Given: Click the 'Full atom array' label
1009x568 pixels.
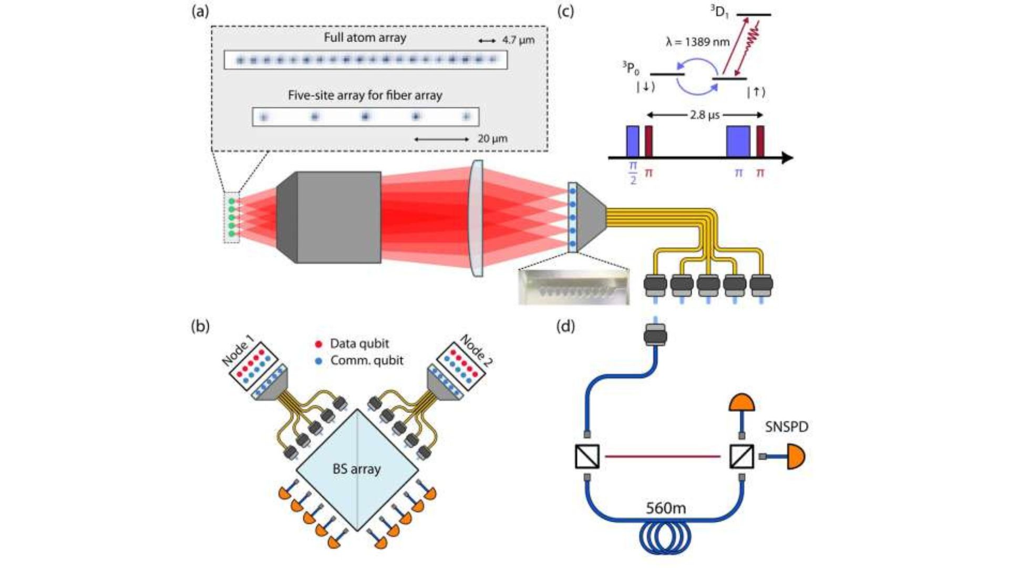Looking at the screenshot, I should pyautogui.click(x=365, y=38).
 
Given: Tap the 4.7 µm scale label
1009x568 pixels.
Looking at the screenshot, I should pyautogui.click(x=518, y=40).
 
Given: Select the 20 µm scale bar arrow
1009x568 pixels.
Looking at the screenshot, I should pyautogui.click(x=441, y=139).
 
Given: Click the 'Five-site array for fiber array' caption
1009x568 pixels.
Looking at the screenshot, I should pyautogui.click(x=365, y=95).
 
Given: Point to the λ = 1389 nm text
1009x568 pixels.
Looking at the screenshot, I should pyautogui.click(x=697, y=42).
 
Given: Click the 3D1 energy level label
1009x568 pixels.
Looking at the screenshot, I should pyautogui.click(x=719, y=12).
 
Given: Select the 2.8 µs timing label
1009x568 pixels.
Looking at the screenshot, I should pyautogui.click(x=704, y=115).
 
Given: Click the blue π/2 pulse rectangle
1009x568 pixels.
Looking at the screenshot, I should pyautogui.click(x=633, y=141).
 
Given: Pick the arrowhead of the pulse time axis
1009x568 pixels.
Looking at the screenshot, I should pyautogui.click(x=787, y=157).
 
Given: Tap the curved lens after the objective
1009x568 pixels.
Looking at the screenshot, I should pyautogui.click(x=476, y=218).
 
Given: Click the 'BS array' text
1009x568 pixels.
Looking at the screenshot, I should pyautogui.click(x=356, y=469).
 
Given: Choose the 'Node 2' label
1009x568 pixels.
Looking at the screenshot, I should pyautogui.click(x=476, y=350).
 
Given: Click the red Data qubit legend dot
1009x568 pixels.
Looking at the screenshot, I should pyautogui.click(x=318, y=344).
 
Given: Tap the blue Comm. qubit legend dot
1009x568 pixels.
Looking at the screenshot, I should pyautogui.click(x=318, y=361).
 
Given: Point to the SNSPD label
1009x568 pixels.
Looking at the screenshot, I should pyautogui.click(x=786, y=427).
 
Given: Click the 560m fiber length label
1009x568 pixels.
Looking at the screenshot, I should pyautogui.click(x=665, y=508).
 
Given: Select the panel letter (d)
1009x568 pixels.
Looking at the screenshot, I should pyautogui.click(x=565, y=327).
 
